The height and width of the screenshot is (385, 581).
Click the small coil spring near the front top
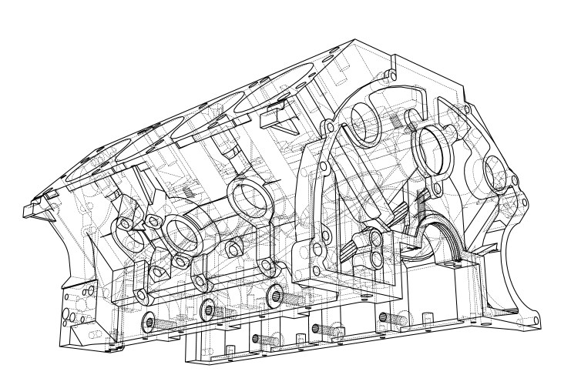pos(394,121)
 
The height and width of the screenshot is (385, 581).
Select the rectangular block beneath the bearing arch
pos(462,284)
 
